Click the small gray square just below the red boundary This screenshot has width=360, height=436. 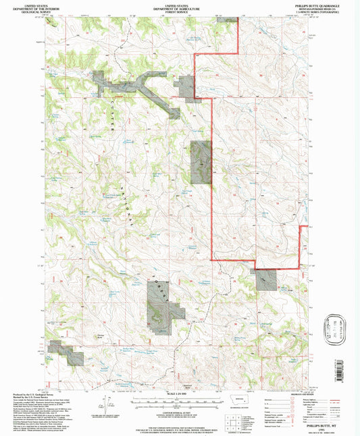[265, 279]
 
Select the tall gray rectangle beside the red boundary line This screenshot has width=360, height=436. [201, 163]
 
